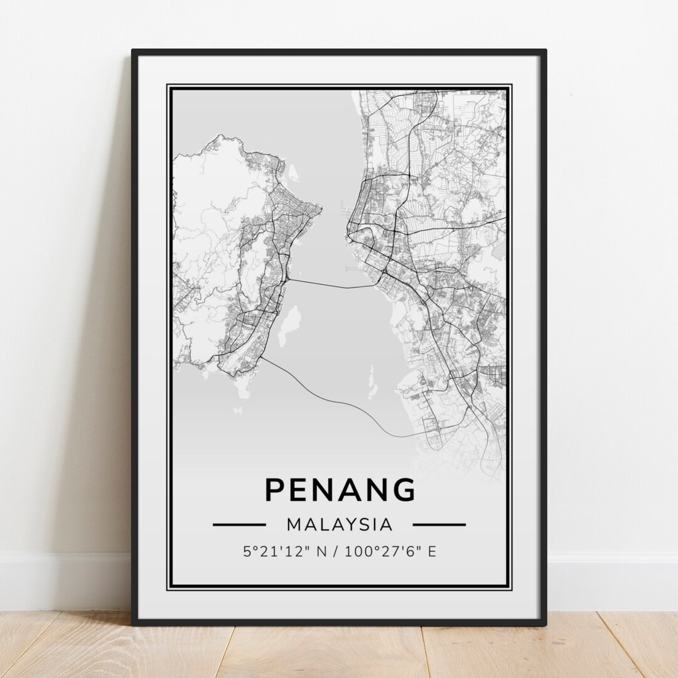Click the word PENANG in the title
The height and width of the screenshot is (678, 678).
tap(340, 489)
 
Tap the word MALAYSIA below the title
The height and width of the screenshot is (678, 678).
tap(340, 524)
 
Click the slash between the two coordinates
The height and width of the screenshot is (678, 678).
tap(335, 552)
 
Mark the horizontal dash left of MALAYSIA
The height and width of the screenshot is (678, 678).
tap(239, 524)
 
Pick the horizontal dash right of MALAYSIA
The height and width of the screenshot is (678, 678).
tap(439, 524)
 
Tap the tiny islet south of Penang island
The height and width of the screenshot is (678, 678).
tap(237, 411)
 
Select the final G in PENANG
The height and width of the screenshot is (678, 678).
tap(403, 489)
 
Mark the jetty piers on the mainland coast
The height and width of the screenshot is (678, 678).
tap(345, 205)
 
